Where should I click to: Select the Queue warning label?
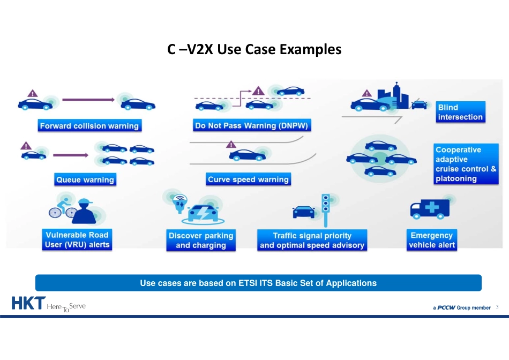click(85, 179)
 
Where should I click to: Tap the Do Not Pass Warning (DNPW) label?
click(253, 126)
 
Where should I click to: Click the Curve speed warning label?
click(248, 179)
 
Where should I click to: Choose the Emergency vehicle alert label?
click(431, 240)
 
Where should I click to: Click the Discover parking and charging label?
click(201, 241)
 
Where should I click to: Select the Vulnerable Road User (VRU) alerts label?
click(77, 239)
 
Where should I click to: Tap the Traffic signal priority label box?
click(312, 241)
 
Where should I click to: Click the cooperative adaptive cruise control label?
click(466, 164)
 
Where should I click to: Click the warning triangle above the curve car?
click(231, 144)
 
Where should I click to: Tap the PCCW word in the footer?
click(446, 308)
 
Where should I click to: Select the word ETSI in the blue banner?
click(249, 283)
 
